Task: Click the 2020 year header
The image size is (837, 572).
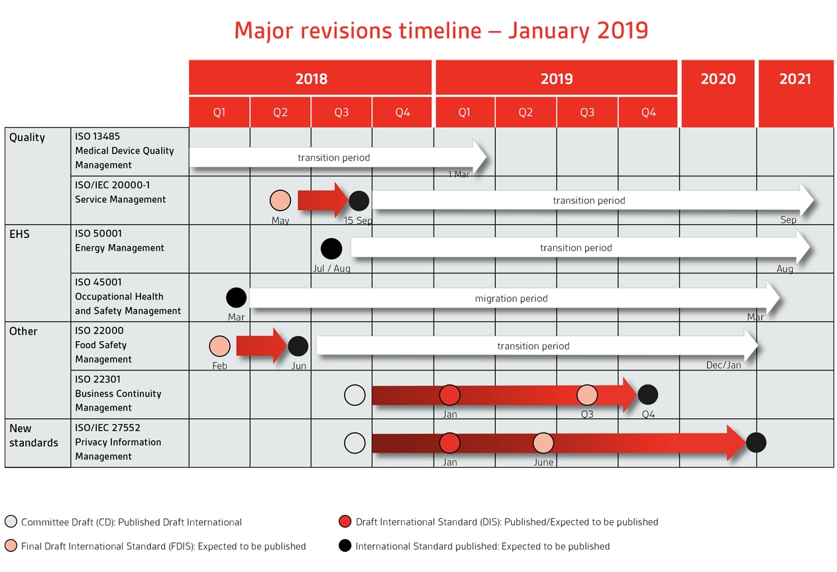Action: (x=718, y=79)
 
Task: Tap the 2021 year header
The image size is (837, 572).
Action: (x=795, y=79)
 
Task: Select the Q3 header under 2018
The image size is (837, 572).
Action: (x=341, y=112)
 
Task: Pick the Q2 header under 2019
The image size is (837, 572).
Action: (x=526, y=112)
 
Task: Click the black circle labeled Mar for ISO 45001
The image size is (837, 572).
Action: (x=236, y=298)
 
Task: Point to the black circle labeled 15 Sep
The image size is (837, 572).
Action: (x=359, y=200)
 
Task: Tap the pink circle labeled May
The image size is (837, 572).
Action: (x=280, y=200)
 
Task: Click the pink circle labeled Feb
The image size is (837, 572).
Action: (x=219, y=346)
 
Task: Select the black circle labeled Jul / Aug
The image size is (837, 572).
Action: (x=331, y=249)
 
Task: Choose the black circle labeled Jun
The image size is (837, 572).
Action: (x=298, y=346)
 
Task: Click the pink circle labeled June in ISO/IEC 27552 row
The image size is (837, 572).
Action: (x=543, y=443)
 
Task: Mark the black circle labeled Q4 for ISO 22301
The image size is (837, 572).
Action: (x=647, y=394)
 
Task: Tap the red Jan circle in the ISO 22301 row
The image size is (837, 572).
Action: (x=450, y=394)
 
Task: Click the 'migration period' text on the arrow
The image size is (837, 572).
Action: (x=511, y=298)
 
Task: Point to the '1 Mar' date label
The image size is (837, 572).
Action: (x=459, y=174)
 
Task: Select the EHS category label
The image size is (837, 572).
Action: (x=19, y=234)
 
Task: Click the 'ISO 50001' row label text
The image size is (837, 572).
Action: (x=98, y=233)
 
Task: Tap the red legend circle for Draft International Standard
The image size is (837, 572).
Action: (x=345, y=522)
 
